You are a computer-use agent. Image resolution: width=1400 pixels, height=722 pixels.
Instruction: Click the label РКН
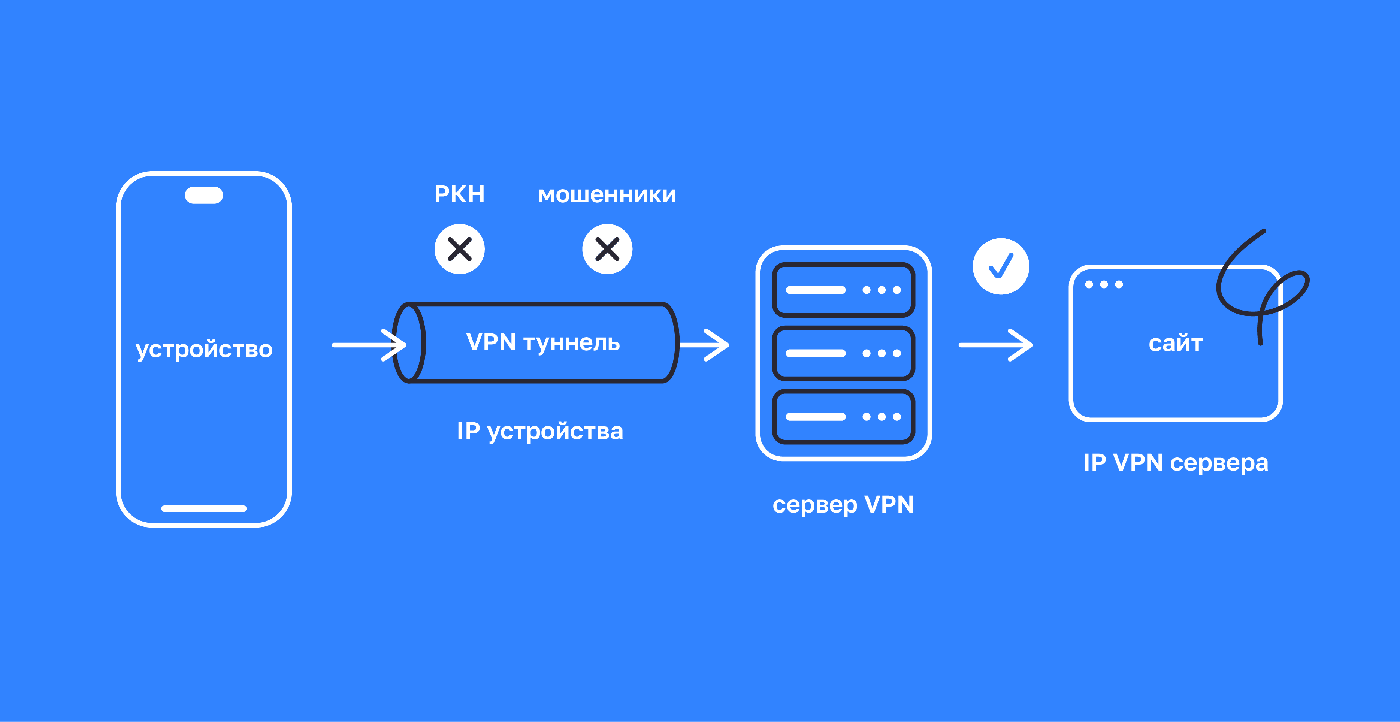[459, 194]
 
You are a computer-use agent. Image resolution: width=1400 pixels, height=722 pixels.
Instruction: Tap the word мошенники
[607, 194]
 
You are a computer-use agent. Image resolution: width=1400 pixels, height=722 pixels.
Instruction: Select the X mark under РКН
[459, 249]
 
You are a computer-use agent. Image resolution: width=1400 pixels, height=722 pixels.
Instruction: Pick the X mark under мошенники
[607, 249]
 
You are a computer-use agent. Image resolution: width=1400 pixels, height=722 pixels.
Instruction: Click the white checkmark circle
[1001, 266]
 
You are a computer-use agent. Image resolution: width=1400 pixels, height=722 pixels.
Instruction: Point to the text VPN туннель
[543, 342]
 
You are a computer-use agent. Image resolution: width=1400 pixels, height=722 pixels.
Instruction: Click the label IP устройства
[540, 432]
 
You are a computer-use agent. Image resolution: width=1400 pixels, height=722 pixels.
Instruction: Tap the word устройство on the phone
[204, 349]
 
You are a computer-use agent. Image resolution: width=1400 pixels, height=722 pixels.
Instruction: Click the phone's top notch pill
[204, 195]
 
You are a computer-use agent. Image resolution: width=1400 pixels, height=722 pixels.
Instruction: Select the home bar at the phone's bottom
[204, 508]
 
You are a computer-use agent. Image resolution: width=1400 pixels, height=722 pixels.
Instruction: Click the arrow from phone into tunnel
[369, 345]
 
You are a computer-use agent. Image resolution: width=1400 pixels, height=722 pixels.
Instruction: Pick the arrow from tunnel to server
[705, 345]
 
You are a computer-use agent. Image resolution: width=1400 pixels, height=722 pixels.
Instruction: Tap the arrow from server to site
[996, 345]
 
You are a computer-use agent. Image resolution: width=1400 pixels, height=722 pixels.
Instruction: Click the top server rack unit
[843, 290]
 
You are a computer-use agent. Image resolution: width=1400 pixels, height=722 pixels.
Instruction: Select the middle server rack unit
[843, 353]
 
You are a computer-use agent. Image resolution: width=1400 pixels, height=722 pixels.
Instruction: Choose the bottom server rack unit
[843, 417]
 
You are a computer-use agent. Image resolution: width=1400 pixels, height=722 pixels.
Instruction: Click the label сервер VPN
[843, 505]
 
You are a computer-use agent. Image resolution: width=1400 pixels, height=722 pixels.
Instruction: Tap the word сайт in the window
[1176, 344]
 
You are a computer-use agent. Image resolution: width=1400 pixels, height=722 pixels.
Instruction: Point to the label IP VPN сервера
[1176, 463]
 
